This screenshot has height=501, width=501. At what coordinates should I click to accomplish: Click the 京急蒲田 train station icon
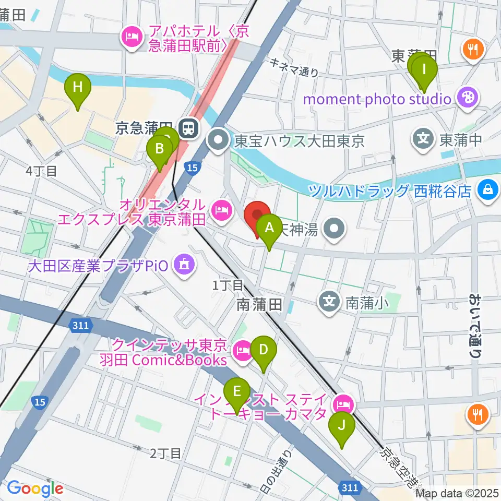187,128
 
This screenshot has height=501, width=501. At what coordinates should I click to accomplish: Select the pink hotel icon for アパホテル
129,37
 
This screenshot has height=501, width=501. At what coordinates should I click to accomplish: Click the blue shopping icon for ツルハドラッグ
488,189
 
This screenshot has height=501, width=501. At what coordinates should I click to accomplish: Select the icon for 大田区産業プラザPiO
184,265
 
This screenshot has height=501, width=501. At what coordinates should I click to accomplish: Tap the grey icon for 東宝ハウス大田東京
218,139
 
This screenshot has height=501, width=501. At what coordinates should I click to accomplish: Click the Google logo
35,488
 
